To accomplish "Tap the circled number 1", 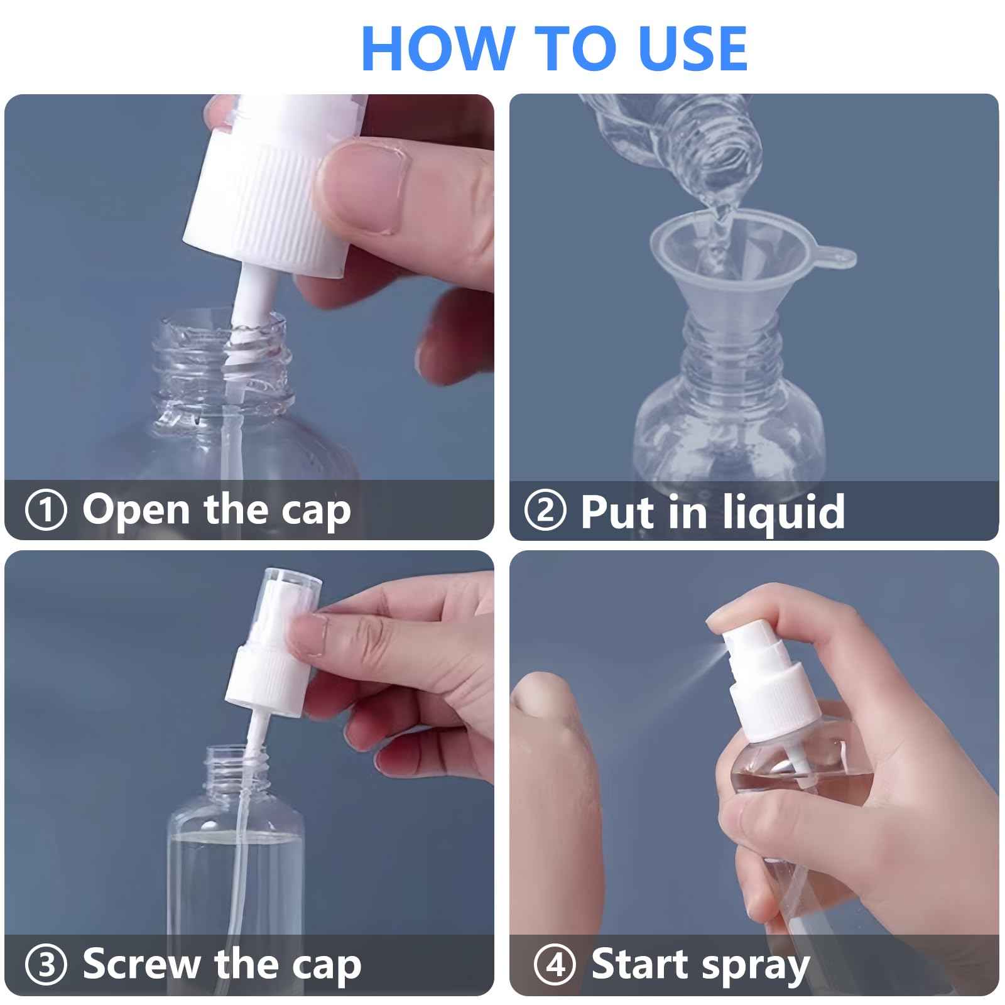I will tap(45, 510).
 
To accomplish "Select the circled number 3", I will tap(45, 965).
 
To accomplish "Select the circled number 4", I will tap(554, 965).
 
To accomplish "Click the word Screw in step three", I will tap(143, 965).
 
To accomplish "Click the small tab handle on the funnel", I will tap(839, 257).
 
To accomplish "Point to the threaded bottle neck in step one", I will tap(223, 364).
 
